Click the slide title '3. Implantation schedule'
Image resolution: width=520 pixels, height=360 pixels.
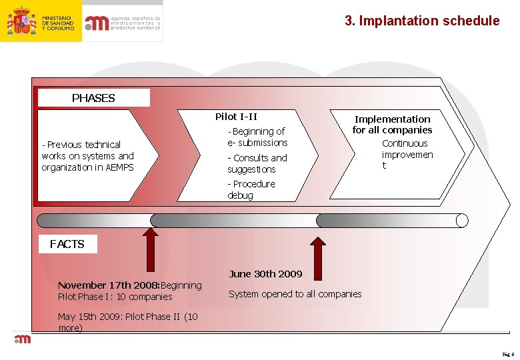(x=421, y=21)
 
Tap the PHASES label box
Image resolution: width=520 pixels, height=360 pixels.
(x=93, y=98)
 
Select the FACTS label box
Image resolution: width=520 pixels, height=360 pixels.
(x=67, y=244)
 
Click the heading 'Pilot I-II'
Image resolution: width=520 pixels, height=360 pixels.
(x=236, y=117)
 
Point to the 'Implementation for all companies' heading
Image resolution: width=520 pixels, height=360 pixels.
(x=392, y=124)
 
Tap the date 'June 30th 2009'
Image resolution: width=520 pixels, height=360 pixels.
(x=265, y=273)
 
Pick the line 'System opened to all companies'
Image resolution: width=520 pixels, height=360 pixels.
(x=295, y=294)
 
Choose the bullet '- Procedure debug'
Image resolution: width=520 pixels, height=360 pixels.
(x=251, y=189)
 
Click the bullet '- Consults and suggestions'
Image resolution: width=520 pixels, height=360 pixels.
(x=257, y=163)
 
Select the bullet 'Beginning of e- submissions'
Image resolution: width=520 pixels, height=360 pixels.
(x=257, y=137)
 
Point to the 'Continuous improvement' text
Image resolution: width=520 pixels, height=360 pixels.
(x=407, y=154)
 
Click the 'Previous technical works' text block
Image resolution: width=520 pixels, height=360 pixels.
(x=87, y=155)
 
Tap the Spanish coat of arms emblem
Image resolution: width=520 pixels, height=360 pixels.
(x=21, y=21)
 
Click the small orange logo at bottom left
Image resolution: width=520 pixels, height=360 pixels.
(x=23, y=339)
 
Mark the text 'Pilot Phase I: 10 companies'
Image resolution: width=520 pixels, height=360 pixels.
(x=115, y=297)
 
